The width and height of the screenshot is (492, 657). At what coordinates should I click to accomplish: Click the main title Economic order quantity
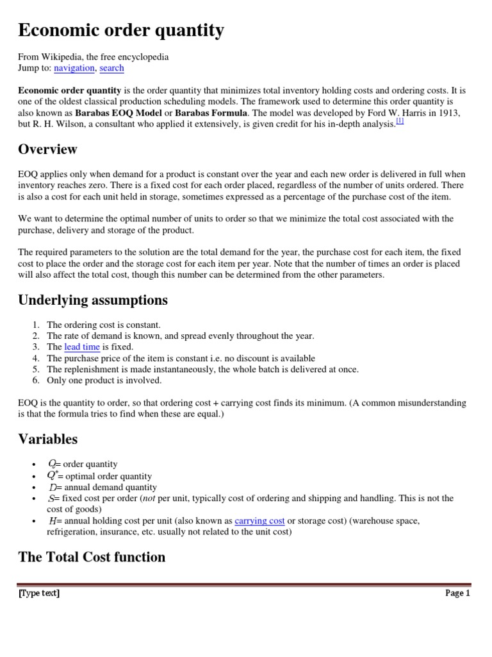pyautogui.click(x=121, y=30)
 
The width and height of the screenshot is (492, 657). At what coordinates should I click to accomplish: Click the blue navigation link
pyautogui.click(x=74, y=68)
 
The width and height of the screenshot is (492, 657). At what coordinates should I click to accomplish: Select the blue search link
pyautogui.click(x=112, y=68)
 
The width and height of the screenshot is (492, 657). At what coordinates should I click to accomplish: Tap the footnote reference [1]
pyautogui.click(x=400, y=121)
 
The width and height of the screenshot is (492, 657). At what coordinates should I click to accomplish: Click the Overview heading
pyautogui.click(x=47, y=149)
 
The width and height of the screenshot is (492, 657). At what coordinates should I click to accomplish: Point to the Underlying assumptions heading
pyautogui.click(x=93, y=300)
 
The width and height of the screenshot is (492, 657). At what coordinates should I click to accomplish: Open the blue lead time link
pyautogui.click(x=82, y=347)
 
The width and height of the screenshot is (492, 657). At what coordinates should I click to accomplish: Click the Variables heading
pyautogui.click(x=48, y=439)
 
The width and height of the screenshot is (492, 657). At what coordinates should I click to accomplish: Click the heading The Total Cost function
pyautogui.click(x=92, y=557)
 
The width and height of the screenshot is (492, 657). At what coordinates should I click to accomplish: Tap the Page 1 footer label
pyautogui.click(x=457, y=593)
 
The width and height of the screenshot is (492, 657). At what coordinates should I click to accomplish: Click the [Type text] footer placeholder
pyautogui.click(x=39, y=593)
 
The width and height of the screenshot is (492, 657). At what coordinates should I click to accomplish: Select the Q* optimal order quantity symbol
pyautogui.click(x=52, y=475)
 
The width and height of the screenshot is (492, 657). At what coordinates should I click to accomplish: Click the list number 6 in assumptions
pyautogui.click(x=36, y=380)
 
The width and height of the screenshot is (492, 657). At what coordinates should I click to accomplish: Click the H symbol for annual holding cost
pyautogui.click(x=52, y=521)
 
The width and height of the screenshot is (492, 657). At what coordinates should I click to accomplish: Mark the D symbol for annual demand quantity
pyautogui.click(x=52, y=488)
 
